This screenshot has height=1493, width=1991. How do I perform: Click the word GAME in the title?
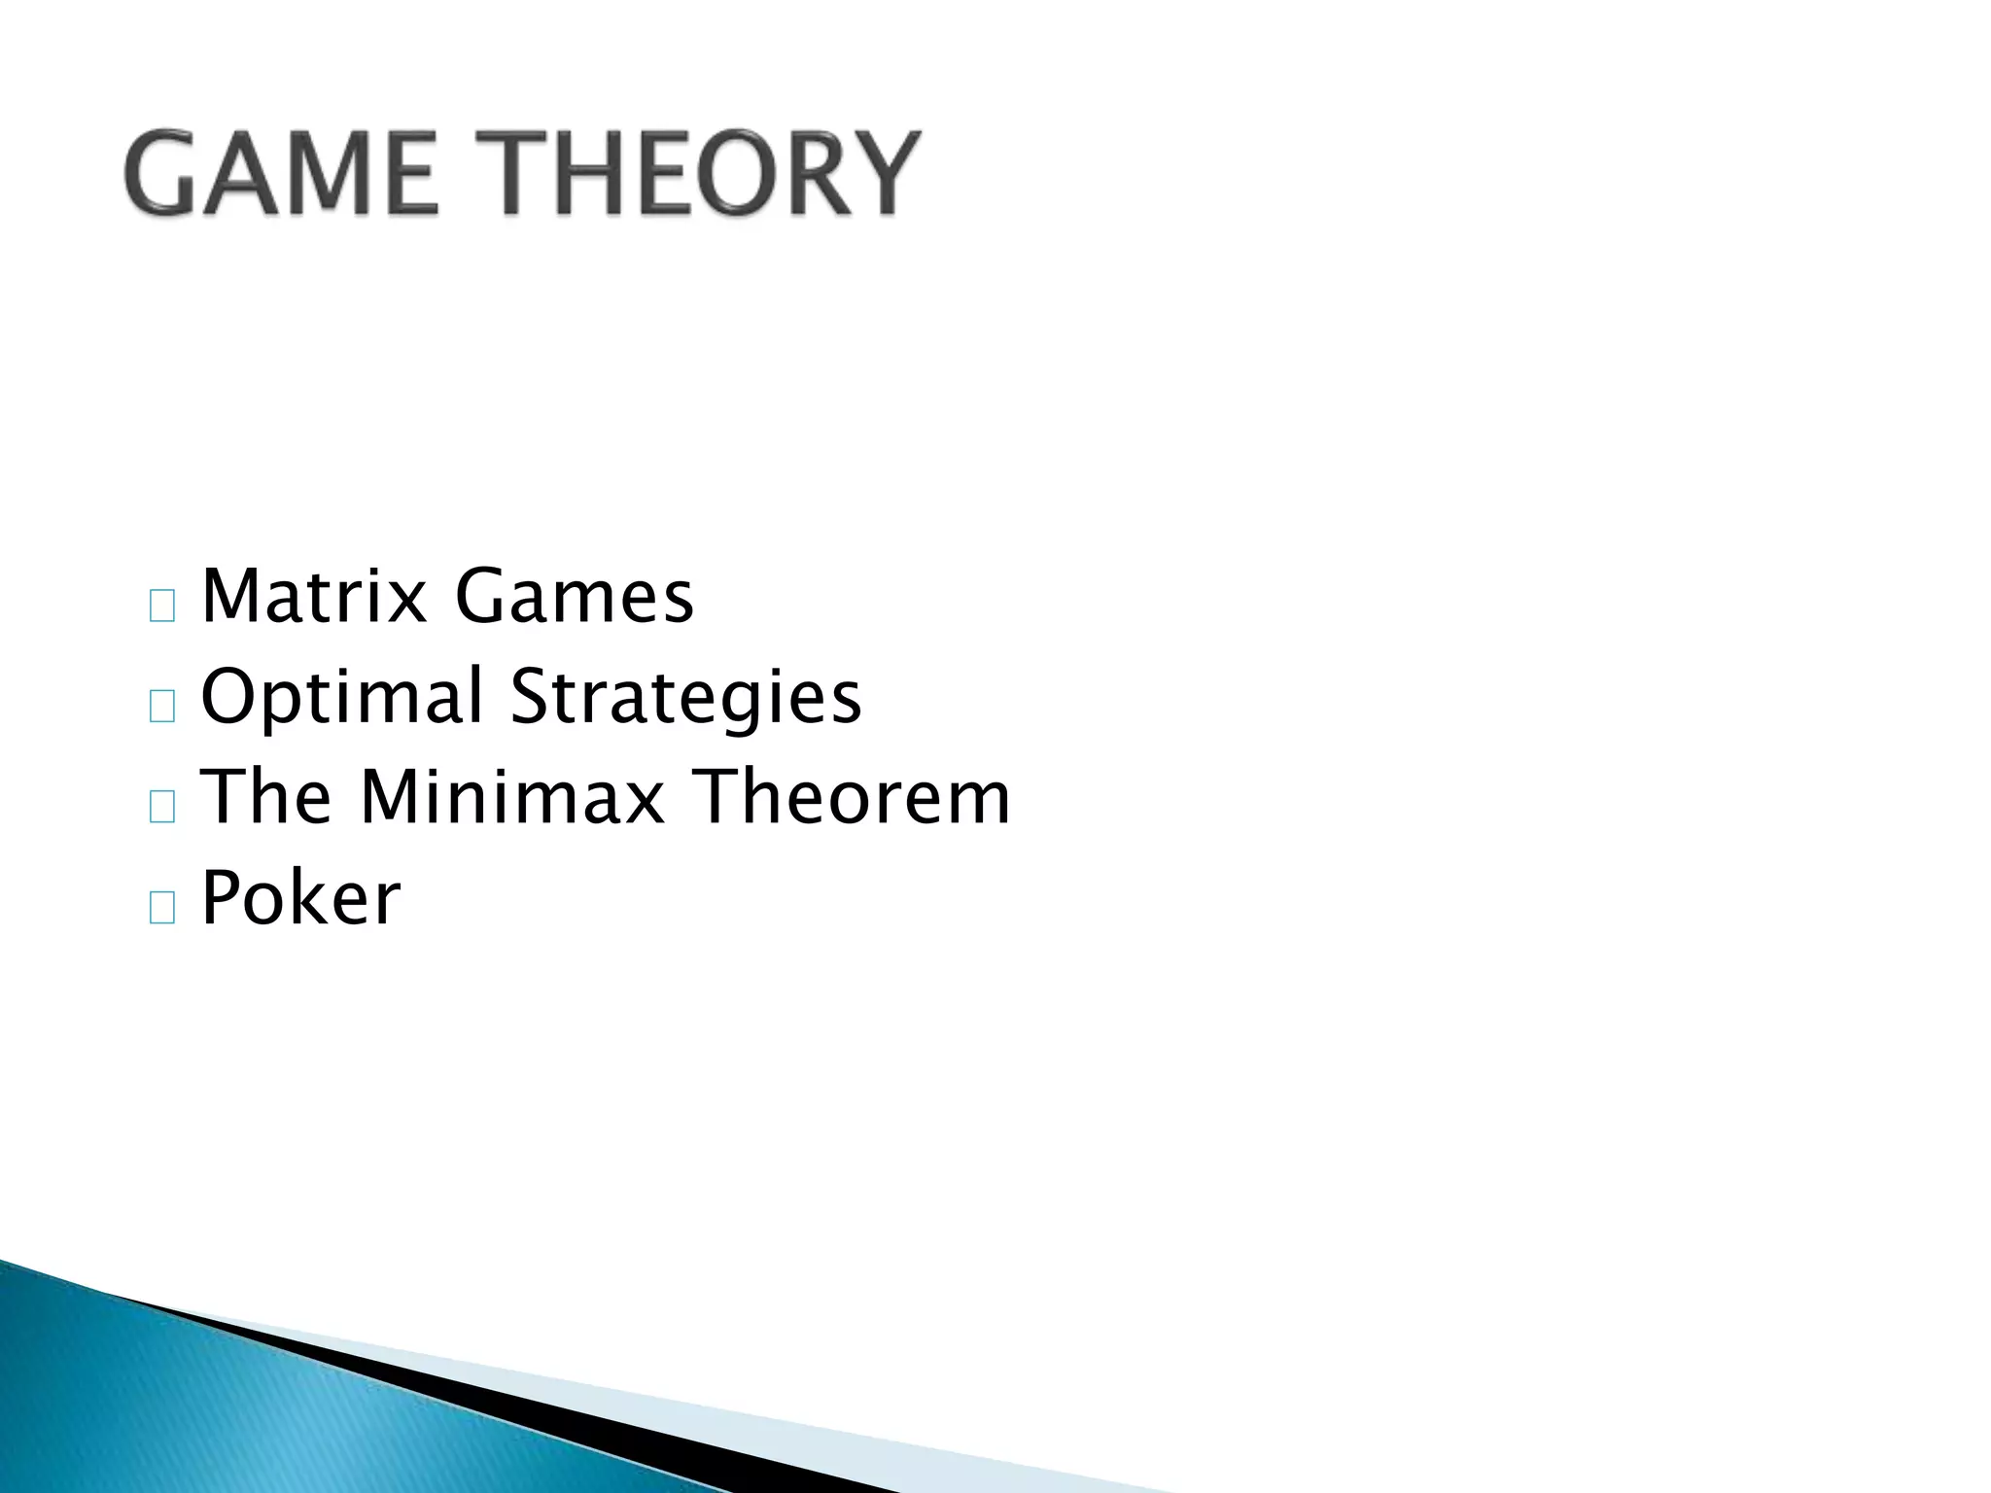[281, 176]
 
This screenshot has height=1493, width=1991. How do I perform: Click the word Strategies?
[686, 699]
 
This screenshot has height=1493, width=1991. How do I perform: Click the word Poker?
[300, 898]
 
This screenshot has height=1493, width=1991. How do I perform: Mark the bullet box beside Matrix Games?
[162, 607]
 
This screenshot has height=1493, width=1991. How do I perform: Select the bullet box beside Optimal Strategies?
[162, 708]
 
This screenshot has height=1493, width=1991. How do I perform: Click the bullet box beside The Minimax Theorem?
[162, 808]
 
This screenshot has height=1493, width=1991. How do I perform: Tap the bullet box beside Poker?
[162, 909]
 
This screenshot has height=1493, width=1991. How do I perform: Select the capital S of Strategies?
[532, 697]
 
